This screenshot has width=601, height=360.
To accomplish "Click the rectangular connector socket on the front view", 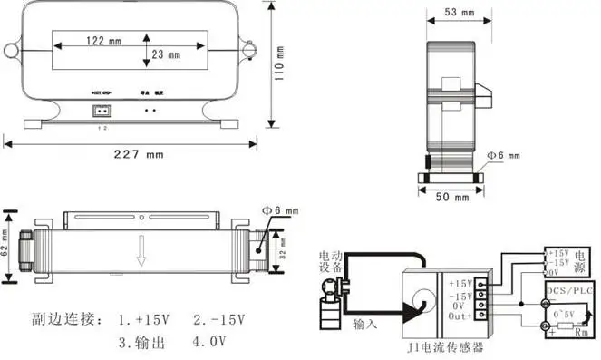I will [100, 112].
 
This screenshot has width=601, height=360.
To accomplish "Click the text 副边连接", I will [56, 320].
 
